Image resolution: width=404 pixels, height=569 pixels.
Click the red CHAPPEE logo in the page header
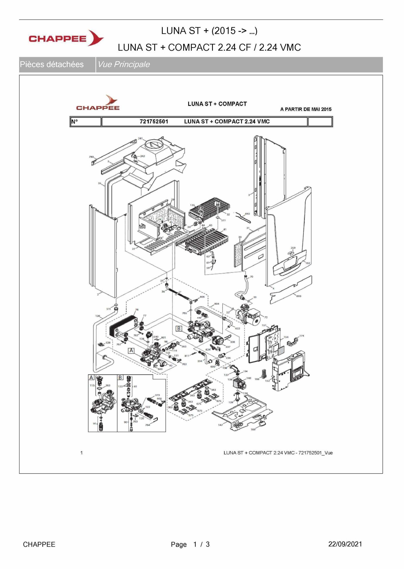pyautogui.click(x=66, y=38)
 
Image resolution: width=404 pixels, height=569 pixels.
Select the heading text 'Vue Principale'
pyautogui.click(x=123, y=64)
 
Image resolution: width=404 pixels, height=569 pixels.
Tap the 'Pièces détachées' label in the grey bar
pyautogui.click(x=52, y=64)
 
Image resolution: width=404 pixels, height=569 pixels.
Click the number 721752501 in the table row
pyautogui.click(x=154, y=121)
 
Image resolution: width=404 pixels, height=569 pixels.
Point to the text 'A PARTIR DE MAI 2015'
pyautogui.click(x=306, y=109)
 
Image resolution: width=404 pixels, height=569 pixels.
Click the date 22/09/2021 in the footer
pyautogui.click(x=345, y=544)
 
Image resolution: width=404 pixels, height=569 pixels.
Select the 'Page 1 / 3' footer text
pyautogui.click(x=190, y=544)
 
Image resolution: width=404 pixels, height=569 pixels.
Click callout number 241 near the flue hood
pyautogui.click(x=140, y=138)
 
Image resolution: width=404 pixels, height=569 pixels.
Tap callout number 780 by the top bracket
pyautogui.click(x=91, y=157)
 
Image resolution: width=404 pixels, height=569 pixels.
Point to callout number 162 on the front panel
pyautogui.click(x=308, y=263)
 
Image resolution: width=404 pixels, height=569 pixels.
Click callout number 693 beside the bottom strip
pyautogui.click(x=299, y=296)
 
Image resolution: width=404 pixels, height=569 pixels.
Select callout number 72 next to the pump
pyautogui.click(x=266, y=317)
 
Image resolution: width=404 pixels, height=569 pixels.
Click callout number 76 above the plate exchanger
pyautogui.click(x=137, y=310)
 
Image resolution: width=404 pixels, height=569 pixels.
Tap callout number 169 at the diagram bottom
pyautogui.click(x=253, y=429)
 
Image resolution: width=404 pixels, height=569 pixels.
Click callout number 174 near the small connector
pyautogui.click(x=301, y=335)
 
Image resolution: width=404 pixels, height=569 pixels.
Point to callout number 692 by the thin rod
pyautogui.click(x=247, y=214)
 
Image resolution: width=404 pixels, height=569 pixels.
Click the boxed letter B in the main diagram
pyautogui.click(x=179, y=328)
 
